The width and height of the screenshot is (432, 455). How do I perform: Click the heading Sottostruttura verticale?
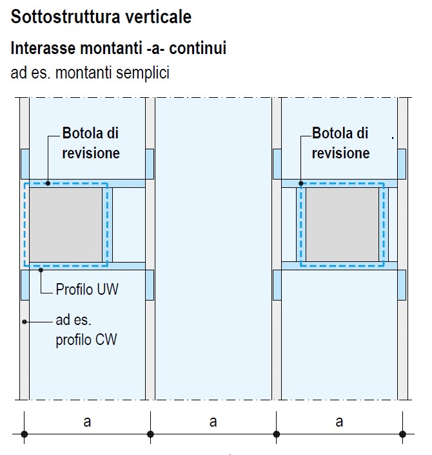tap(101, 17)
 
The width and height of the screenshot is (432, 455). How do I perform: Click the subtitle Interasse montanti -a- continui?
tap(118, 48)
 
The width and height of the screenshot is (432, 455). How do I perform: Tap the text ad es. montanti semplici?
tap(90, 73)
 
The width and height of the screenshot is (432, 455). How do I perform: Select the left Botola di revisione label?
tap(90, 143)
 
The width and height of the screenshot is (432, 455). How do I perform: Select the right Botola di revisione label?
tap(340, 143)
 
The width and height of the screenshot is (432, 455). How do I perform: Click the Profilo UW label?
tap(87, 288)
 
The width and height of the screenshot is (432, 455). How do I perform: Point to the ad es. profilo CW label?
tap(86, 330)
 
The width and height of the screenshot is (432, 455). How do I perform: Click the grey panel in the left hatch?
tap(66, 223)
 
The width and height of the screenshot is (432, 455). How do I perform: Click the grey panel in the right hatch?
tap(342, 223)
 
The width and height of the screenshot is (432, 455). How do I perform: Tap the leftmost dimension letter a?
tap(87, 422)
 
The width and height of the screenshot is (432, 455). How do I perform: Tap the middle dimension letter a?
tap(213, 422)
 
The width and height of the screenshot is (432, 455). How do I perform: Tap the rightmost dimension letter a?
tap(339, 422)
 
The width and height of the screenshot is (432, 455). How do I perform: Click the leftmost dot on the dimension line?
tap(25, 434)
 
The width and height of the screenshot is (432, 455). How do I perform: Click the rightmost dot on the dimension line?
tap(402, 434)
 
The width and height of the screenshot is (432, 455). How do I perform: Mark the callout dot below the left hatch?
tap(41, 270)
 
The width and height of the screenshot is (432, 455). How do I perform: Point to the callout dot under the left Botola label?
tap(48, 183)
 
